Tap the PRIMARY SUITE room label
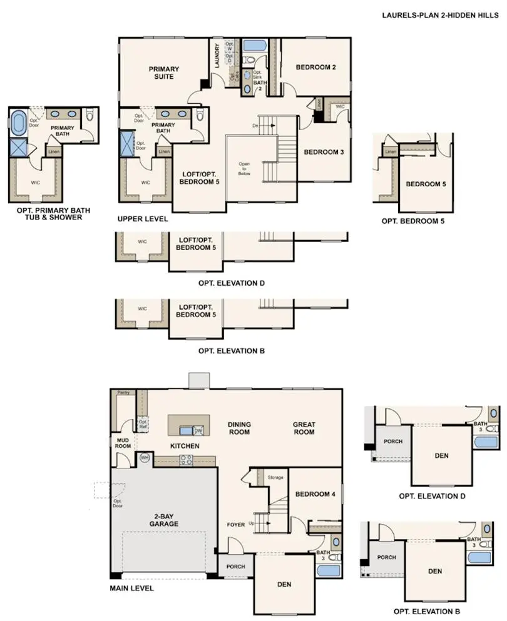(163, 73)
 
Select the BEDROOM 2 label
(317, 67)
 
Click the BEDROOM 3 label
(324, 151)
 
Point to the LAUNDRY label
(217, 56)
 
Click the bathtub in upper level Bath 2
(255, 46)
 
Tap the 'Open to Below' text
(244, 169)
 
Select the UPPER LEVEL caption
(142, 220)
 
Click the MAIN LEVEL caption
(132, 588)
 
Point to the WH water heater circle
(145, 458)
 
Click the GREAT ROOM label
(304, 428)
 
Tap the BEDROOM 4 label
(315, 494)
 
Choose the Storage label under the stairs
(275, 477)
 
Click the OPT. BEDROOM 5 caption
(413, 221)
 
